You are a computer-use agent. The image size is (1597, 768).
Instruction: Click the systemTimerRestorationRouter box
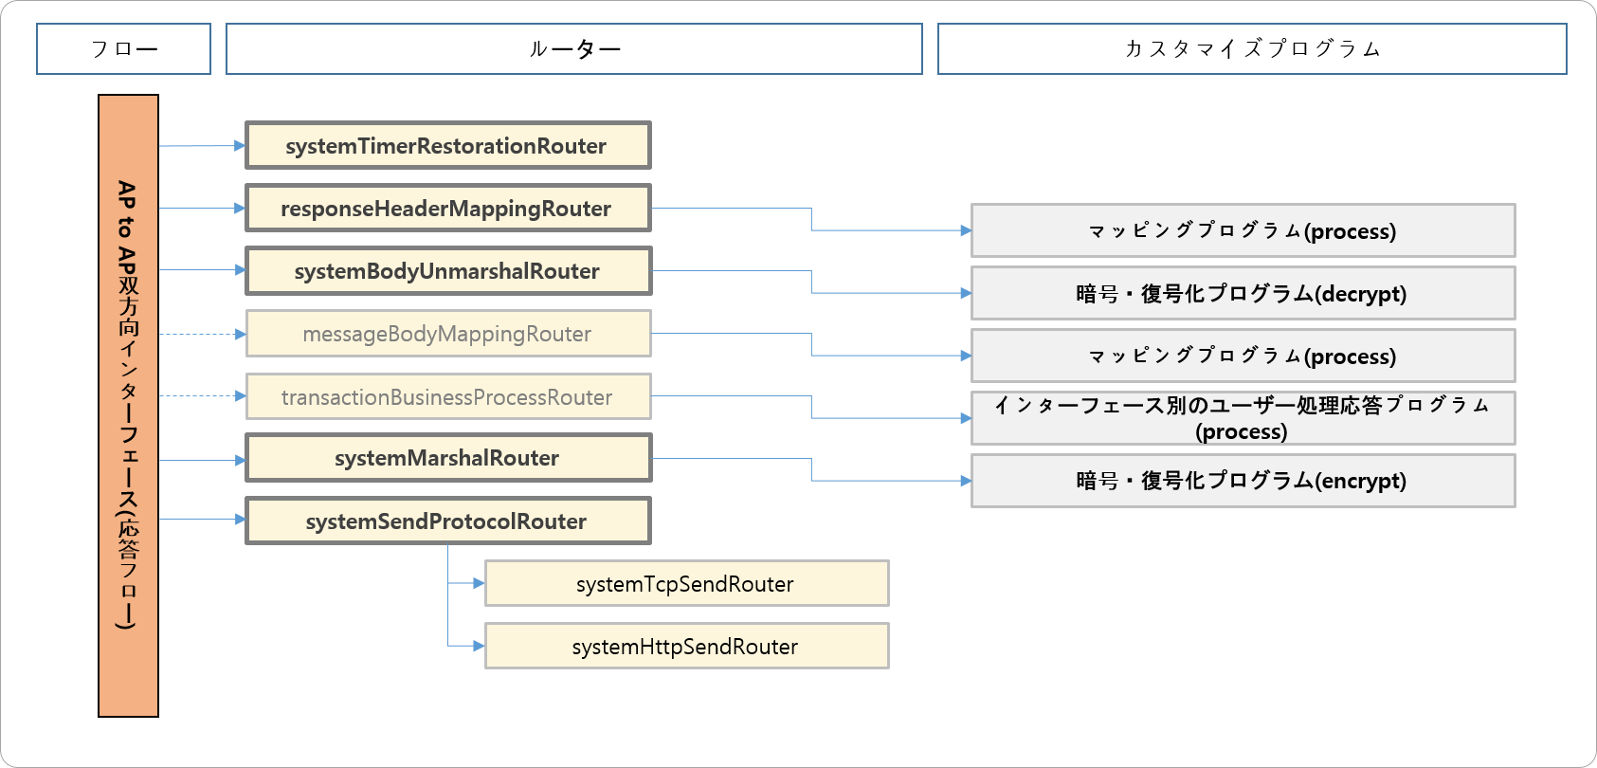coord(447,145)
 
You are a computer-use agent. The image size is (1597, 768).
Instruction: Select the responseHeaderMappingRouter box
coord(447,209)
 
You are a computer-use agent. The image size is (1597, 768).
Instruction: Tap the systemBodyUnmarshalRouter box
coord(447,271)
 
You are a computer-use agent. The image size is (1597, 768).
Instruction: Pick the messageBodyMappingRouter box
coord(447,334)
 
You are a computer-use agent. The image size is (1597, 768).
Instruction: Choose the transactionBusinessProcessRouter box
coord(447,396)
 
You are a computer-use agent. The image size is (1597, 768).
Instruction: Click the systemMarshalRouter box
coord(447,458)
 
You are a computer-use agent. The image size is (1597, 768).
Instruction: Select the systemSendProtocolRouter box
coord(447,521)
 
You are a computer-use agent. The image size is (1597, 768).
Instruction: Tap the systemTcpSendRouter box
coord(686,583)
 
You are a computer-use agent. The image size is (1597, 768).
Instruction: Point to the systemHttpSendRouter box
coord(686,646)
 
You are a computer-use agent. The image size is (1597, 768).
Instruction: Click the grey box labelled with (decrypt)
coord(1242,293)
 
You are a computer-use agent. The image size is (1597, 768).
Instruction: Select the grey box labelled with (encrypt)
coord(1242,481)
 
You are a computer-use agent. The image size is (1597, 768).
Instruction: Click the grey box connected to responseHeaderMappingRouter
coord(1242,230)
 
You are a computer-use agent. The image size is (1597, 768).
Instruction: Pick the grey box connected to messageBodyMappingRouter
coord(1242,356)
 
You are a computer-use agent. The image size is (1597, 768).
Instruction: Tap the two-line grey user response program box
coord(1242,418)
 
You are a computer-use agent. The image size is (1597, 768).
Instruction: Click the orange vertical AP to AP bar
coord(128,406)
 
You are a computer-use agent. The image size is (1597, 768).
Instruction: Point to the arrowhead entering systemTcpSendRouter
coord(479,583)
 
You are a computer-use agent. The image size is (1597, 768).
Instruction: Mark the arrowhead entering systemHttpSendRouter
coord(479,646)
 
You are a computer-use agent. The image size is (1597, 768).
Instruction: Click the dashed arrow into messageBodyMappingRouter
coord(201,334)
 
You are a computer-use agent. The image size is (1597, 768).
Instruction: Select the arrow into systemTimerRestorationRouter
coord(201,146)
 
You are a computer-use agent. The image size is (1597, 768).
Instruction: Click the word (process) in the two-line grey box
coord(1242,432)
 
